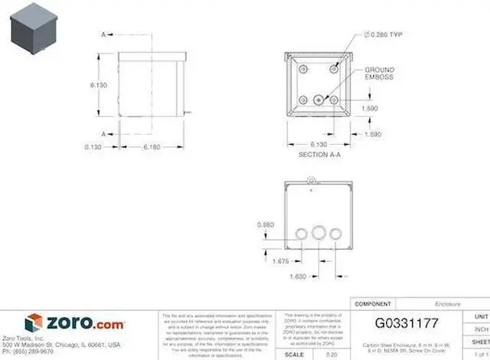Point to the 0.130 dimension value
click(93, 146)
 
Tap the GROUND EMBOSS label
click(379, 74)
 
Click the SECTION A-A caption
click(319, 154)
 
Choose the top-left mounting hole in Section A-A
click(303, 70)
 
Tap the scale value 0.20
click(331, 354)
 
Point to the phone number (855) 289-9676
click(28, 352)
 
